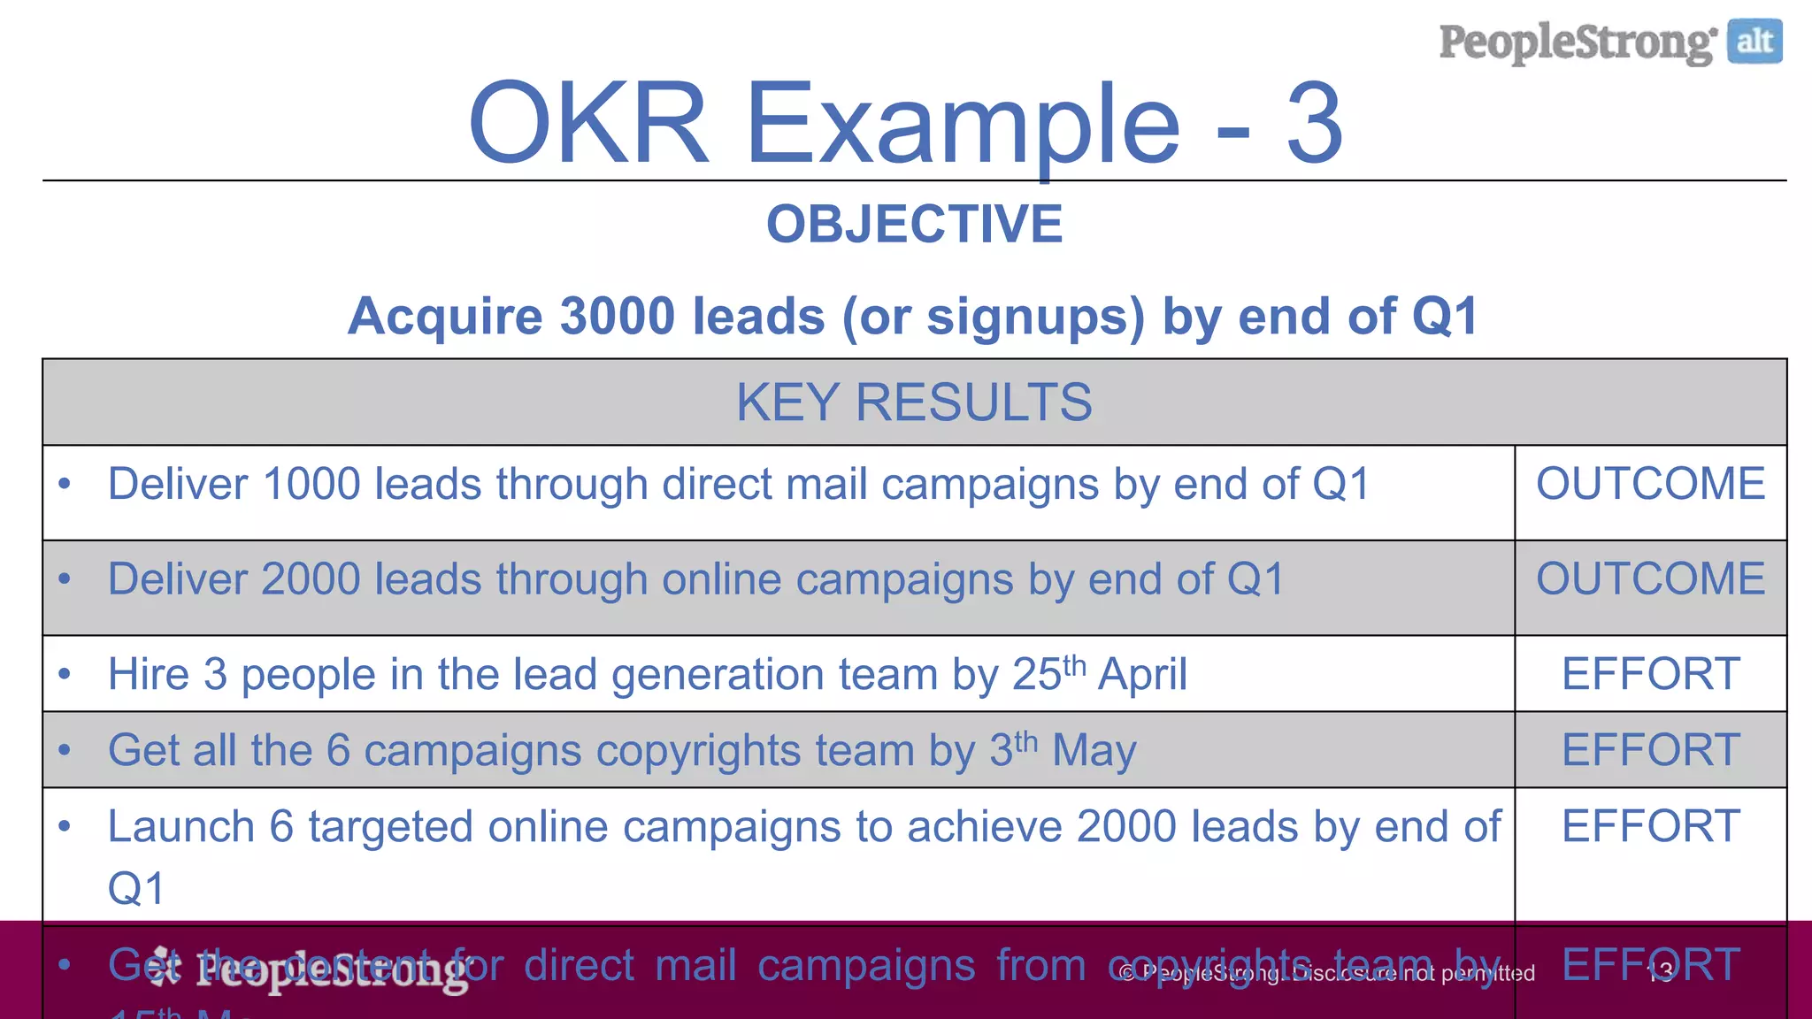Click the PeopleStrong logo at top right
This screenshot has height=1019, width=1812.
pyautogui.click(x=1577, y=42)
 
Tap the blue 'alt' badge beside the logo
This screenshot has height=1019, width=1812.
pyautogui.click(x=1754, y=42)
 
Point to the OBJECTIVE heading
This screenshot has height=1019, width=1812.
pyautogui.click(x=914, y=224)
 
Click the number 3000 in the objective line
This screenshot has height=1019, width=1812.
pyautogui.click(x=618, y=317)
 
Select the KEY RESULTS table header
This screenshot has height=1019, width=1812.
pyautogui.click(x=914, y=402)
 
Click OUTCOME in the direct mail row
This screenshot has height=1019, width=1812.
pyautogui.click(x=1650, y=484)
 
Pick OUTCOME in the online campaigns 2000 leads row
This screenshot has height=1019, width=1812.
pyautogui.click(x=1650, y=579)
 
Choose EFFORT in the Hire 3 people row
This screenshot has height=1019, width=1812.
pyautogui.click(x=1650, y=674)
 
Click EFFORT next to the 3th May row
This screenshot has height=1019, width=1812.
pyautogui.click(x=1650, y=750)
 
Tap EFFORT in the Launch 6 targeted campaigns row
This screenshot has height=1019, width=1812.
pyautogui.click(x=1650, y=826)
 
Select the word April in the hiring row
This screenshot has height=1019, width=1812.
pyautogui.click(x=1142, y=675)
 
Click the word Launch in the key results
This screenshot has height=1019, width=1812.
pyautogui.click(x=181, y=827)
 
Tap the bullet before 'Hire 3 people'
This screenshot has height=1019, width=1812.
pyautogui.click(x=64, y=675)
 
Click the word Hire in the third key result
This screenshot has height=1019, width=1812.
pyautogui.click(x=148, y=675)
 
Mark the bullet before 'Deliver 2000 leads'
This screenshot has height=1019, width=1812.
pyautogui.click(x=64, y=579)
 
